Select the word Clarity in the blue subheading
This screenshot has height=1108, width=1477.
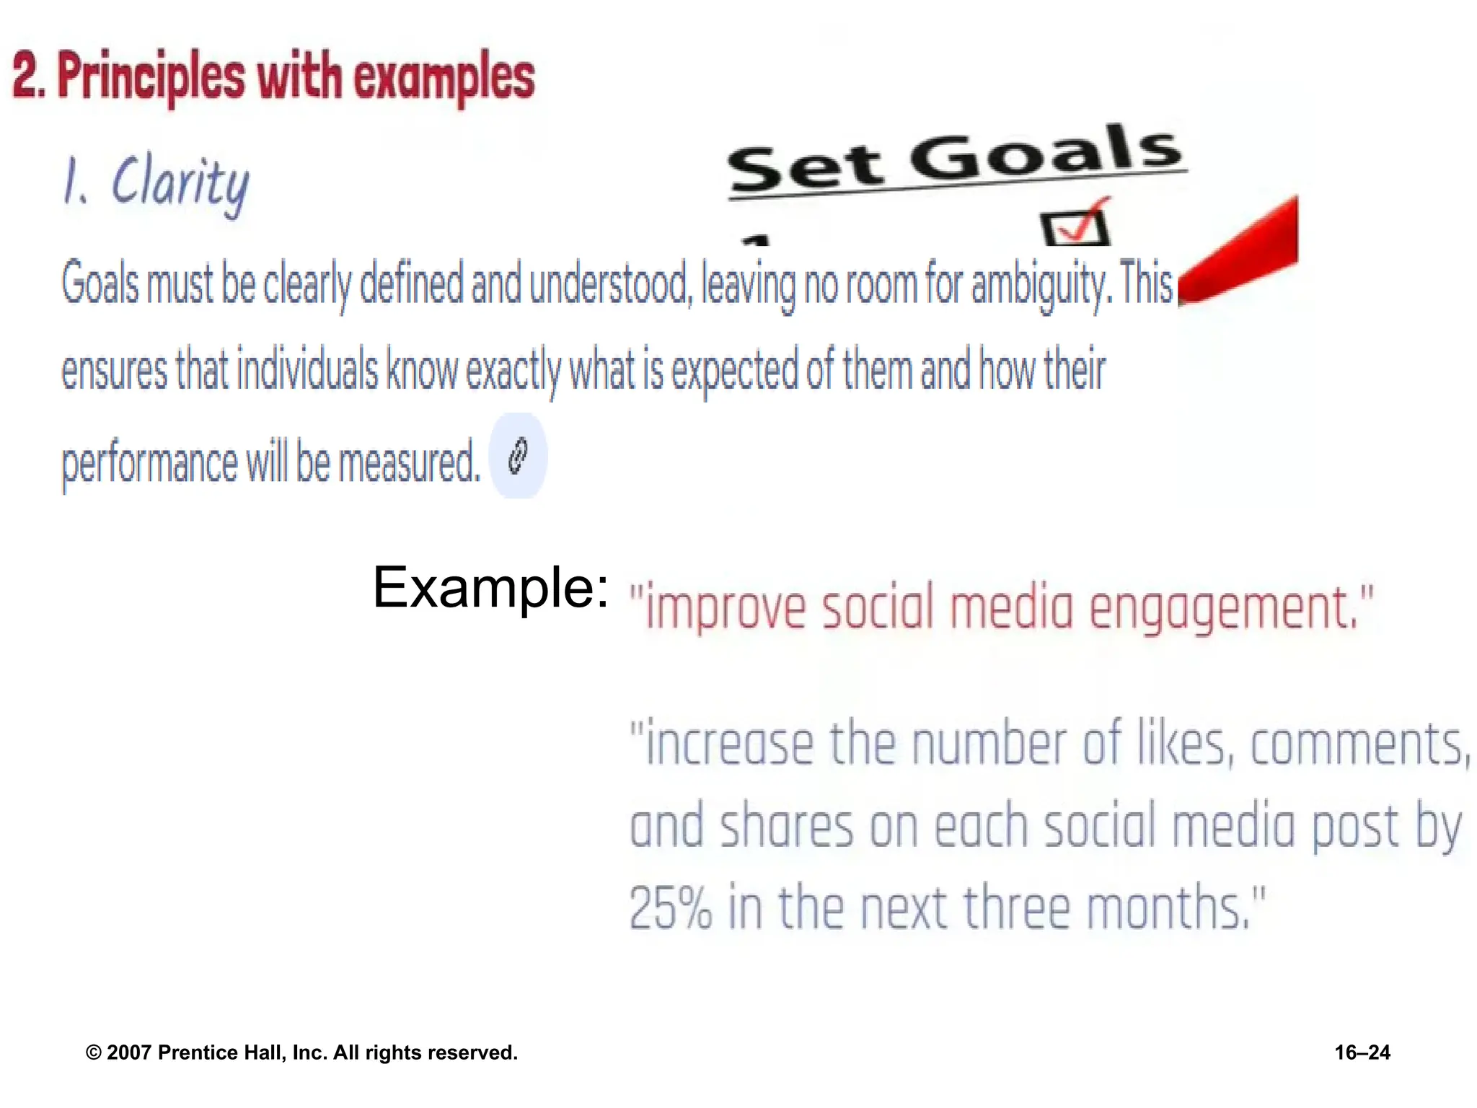(x=180, y=184)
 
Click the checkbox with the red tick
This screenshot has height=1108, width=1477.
(x=1075, y=227)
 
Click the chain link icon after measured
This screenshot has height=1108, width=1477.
(x=518, y=456)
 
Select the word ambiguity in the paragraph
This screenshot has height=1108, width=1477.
(x=1037, y=285)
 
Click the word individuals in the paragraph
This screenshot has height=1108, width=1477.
(x=307, y=370)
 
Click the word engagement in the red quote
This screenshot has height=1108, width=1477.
(x=1222, y=608)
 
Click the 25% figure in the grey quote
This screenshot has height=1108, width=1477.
(x=671, y=907)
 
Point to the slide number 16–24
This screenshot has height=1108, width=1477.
(x=1362, y=1052)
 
